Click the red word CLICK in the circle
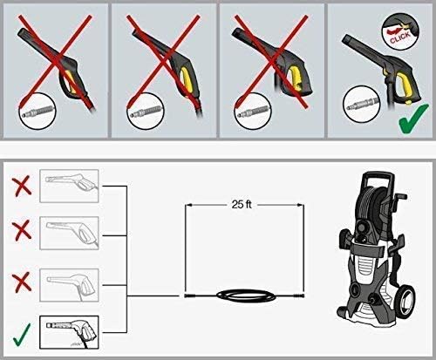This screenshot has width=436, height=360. pos(400,37)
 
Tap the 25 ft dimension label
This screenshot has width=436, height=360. pos(242,205)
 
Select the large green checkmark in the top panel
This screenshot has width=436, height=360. pos(413,119)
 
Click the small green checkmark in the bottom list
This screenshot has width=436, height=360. pos(22,335)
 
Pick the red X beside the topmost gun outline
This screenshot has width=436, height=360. pos(22,185)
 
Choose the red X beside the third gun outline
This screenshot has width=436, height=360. pos(22,282)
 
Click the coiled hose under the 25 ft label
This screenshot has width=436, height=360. pos(244,295)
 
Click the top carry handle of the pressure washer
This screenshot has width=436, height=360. pos(378,176)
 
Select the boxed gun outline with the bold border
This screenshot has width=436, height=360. pos(69,332)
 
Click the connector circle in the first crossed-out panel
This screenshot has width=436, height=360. pos(37,111)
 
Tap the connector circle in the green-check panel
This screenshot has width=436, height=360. pos(362,104)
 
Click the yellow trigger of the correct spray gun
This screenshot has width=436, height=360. pos(404,87)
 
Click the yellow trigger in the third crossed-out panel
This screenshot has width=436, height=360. pos(294,77)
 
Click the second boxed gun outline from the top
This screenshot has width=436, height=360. pos(69,233)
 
